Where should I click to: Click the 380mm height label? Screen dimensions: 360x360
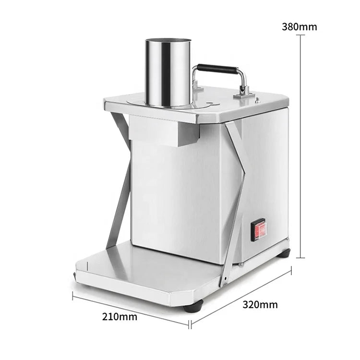[x=300, y=27]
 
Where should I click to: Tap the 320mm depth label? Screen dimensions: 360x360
[x=260, y=305]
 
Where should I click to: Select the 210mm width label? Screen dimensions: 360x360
[x=120, y=317]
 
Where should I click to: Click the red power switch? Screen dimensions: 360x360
[x=259, y=230]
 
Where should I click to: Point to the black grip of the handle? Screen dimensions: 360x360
[x=217, y=69]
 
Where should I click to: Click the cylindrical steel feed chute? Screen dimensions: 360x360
[x=168, y=73]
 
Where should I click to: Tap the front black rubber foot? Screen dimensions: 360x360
[x=193, y=306]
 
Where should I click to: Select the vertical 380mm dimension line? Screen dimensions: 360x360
[x=300, y=146]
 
